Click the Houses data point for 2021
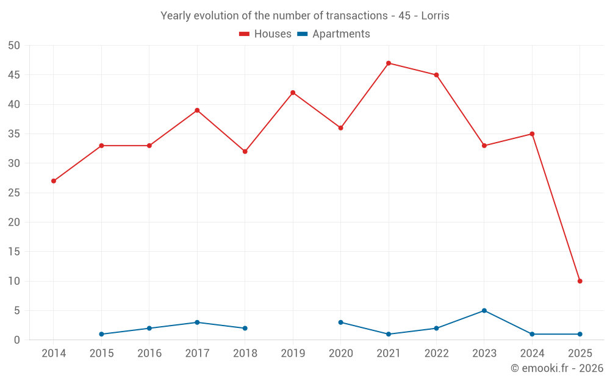389,63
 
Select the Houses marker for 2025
580,281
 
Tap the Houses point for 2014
54,181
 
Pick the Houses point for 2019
293,93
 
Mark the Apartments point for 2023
484,310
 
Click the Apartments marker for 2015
101,334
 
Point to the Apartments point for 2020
340,322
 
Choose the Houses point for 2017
197,110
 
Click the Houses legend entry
265,34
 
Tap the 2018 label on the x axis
245,354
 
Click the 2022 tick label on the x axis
436,354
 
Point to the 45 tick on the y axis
14,75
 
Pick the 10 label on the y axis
14,281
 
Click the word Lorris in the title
436,16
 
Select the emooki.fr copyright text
557,368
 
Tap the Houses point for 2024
532,134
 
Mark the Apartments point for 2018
245,328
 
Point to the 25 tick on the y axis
14,193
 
